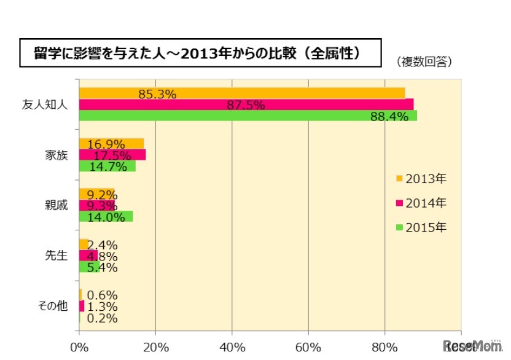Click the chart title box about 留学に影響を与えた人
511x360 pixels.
tap(200, 53)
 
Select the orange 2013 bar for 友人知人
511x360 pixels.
tap(242, 93)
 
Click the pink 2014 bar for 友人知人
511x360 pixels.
tap(246, 104)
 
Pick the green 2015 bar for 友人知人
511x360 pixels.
tap(248, 115)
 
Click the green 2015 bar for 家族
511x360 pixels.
tap(107, 166)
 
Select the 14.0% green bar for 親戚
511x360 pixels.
tap(106, 216)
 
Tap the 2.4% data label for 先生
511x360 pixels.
tap(102, 245)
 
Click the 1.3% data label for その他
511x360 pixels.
tap(102, 307)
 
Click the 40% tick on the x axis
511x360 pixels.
tap(232, 346)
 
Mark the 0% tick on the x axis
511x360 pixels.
tap(79, 346)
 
